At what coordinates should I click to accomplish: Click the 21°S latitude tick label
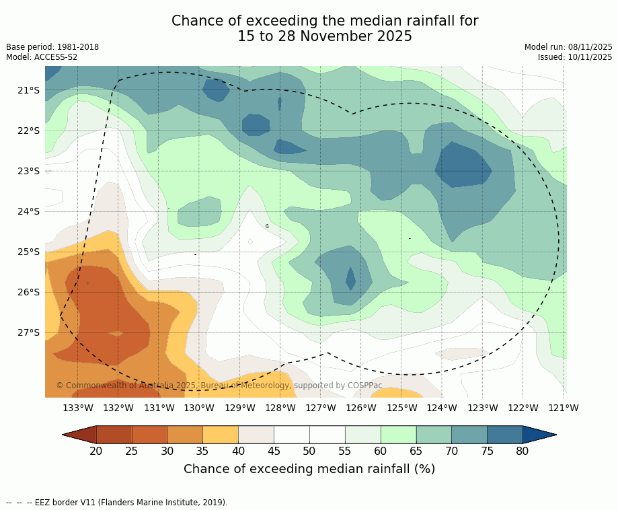coord(29,90)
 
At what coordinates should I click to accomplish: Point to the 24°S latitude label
coord(29,211)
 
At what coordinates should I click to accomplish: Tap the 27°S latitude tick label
coord(29,332)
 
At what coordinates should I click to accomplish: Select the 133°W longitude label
coord(78,408)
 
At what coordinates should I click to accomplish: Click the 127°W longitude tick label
coord(321,408)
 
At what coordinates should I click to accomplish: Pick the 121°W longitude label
coord(564,408)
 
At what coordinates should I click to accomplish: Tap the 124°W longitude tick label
coord(442,408)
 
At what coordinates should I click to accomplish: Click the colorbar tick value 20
coord(96,451)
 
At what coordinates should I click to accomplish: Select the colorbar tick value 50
coord(309,451)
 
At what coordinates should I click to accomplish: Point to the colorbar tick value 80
coord(523,451)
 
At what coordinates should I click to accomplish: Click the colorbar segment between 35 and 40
coord(221,435)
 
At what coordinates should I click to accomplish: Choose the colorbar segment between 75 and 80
coord(504,435)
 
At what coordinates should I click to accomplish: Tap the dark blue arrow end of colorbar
coord(538,435)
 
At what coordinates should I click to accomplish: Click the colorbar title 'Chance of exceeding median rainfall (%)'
coord(309,469)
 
